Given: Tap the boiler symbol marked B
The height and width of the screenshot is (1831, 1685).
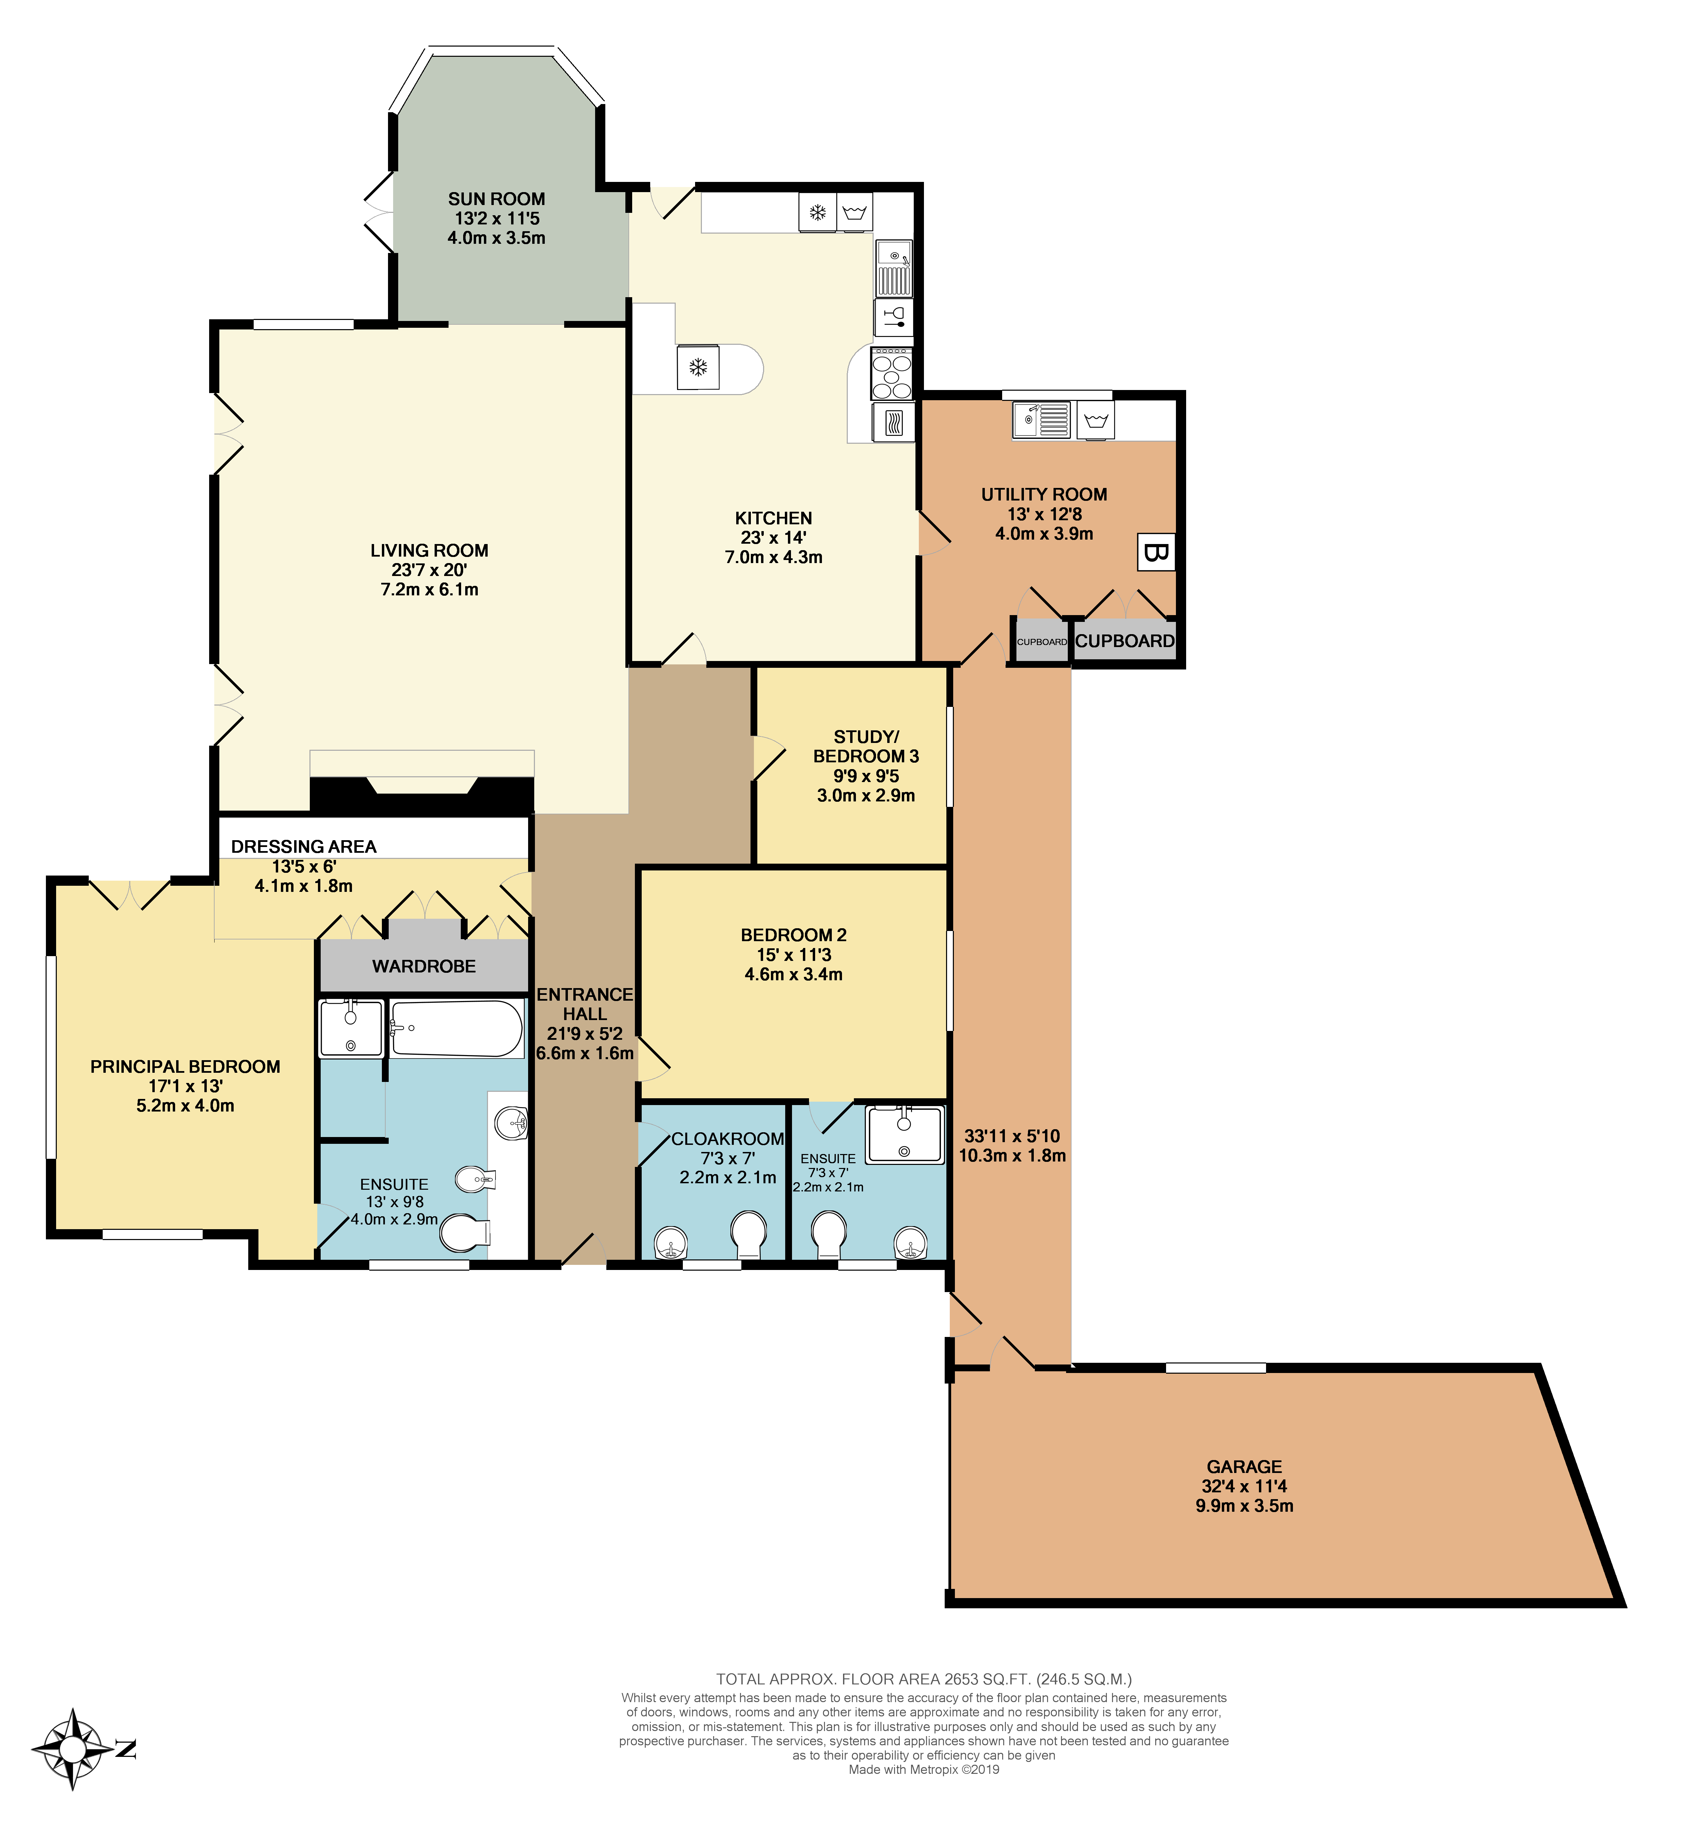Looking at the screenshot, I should coord(1155,553).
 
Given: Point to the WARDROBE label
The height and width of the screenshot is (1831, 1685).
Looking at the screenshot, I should coord(424,966).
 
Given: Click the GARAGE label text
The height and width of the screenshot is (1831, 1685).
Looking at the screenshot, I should coord(1244,1466).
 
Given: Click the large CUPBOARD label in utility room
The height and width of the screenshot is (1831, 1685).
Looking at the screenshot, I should coord(1124,641).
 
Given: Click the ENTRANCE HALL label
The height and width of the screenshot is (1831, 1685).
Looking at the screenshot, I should coord(585,1004).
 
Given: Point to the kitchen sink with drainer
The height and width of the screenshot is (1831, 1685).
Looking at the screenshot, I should coord(894,269).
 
